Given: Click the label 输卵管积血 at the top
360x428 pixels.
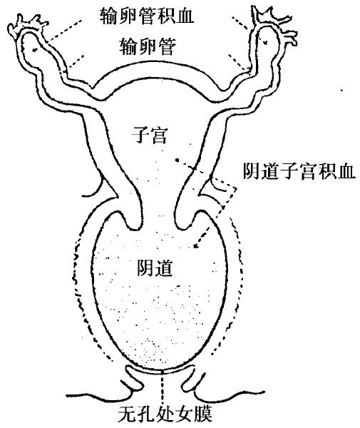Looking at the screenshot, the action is pyautogui.click(x=147, y=16).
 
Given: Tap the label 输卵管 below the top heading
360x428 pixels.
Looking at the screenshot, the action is pyautogui.click(x=148, y=46).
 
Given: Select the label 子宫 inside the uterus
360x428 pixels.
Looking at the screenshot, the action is pyautogui.click(x=149, y=135).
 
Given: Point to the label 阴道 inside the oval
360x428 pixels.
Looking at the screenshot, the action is pyautogui.click(x=155, y=267).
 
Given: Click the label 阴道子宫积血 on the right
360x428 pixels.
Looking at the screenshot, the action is pyautogui.click(x=299, y=171).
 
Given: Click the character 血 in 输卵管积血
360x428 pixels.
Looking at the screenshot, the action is pyautogui.click(x=185, y=16).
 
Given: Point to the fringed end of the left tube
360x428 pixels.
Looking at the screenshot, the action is pyautogui.click(x=26, y=25).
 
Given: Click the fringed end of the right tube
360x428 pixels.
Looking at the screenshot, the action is pyautogui.click(x=274, y=22).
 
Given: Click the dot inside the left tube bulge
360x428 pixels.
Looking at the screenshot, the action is pyautogui.click(x=34, y=49).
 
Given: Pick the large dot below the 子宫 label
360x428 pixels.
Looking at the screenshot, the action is pyautogui.click(x=177, y=160).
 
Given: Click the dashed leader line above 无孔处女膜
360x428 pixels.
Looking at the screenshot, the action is pyautogui.click(x=162, y=388).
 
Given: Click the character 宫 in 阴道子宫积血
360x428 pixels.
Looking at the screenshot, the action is pyautogui.click(x=309, y=171).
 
